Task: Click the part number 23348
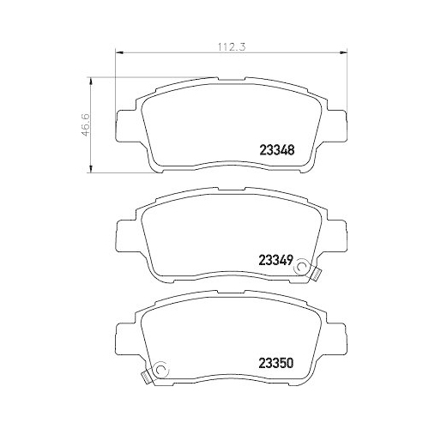[277, 148]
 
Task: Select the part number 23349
[277, 258]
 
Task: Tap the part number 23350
[277, 361]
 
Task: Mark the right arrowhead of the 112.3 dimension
[349, 56]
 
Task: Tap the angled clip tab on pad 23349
[315, 275]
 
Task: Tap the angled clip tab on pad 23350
[143, 376]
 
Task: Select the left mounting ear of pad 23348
[122, 126]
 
